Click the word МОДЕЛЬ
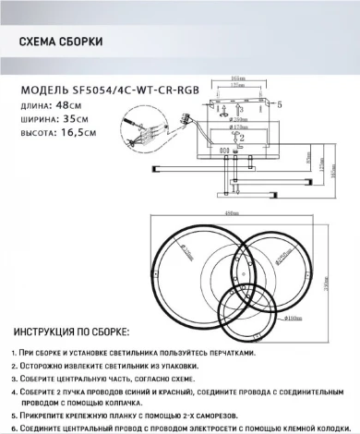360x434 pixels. (42, 90)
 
